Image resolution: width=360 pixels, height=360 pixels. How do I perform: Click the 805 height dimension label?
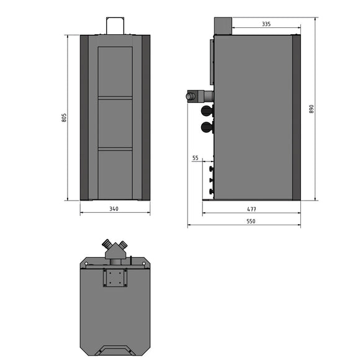pyautogui.click(x=65, y=117)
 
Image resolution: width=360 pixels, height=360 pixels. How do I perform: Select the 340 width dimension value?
pyautogui.click(x=114, y=209)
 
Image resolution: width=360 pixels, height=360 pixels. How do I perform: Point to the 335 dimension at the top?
pyautogui.click(x=266, y=24)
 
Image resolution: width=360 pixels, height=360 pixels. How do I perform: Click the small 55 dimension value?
pyautogui.click(x=196, y=158)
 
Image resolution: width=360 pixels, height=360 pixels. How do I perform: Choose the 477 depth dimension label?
pyautogui.click(x=251, y=209)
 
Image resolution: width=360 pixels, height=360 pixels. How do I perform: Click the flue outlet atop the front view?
pyautogui.click(x=115, y=25)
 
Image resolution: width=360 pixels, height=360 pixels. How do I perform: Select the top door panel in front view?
pyautogui.click(x=115, y=71)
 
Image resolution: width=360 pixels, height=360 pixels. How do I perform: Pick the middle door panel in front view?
pyautogui.click(x=115, y=123)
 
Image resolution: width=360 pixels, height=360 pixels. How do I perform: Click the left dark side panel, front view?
pyautogui.click(x=84, y=117)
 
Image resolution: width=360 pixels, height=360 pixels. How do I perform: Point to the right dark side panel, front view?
pyautogui.click(x=146, y=117)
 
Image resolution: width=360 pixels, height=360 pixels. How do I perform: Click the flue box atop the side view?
pyautogui.click(x=222, y=26)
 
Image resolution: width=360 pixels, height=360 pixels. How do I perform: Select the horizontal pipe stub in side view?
pyautogui.click(x=199, y=96)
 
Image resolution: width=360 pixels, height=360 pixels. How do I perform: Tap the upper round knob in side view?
pyautogui.click(x=205, y=110)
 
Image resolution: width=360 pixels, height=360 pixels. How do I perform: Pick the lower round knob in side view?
pyautogui.click(x=205, y=127)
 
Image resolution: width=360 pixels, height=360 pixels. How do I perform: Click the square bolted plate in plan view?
pyautogui.click(x=115, y=277)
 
